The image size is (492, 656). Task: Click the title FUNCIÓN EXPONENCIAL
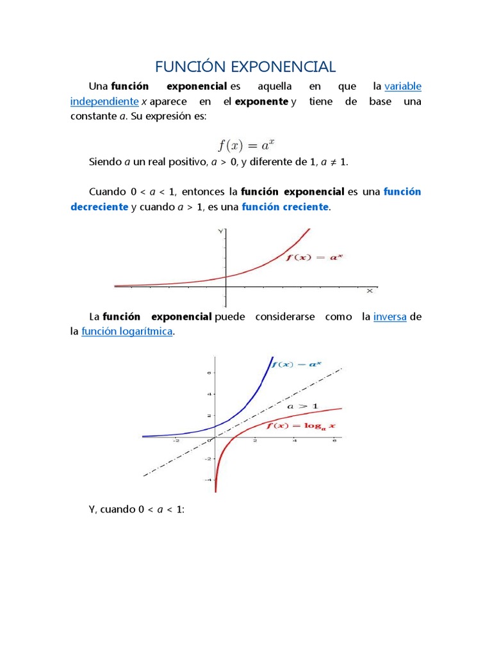(246, 67)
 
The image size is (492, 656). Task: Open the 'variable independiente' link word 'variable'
(402, 86)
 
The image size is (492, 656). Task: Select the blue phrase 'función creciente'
(285, 207)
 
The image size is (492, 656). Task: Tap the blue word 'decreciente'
(99, 207)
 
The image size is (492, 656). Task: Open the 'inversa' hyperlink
(389, 316)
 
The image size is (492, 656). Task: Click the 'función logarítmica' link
(127, 332)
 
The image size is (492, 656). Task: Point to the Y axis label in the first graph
(220, 231)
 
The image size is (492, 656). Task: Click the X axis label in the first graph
(370, 291)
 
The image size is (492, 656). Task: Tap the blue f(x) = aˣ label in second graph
(296, 365)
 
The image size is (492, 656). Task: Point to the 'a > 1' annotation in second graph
(302, 406)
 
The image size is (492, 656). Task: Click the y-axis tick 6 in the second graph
(208, 372)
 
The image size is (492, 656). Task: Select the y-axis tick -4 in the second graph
(207, 479)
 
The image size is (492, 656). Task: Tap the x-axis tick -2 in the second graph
(176, 441)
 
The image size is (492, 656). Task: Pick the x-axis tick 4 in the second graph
(295, 441)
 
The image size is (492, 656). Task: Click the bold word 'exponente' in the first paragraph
(262, 101)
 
